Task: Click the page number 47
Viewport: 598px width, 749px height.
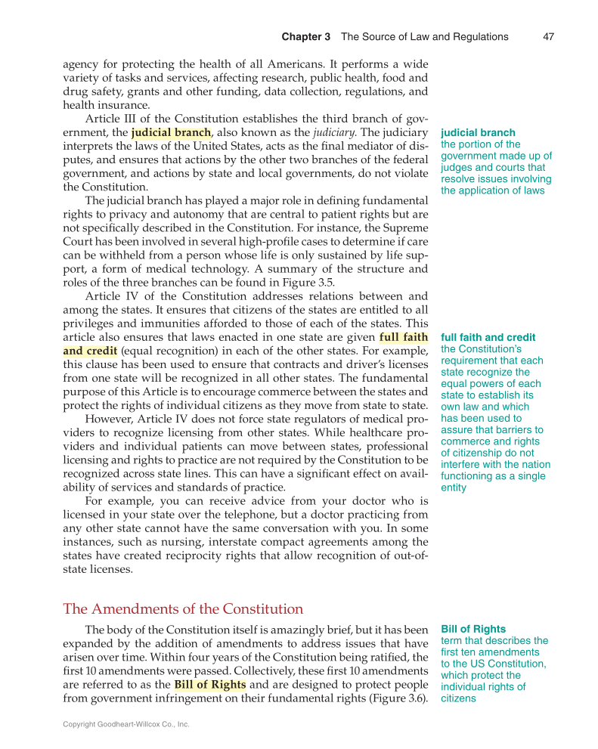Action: [x=550, y=36]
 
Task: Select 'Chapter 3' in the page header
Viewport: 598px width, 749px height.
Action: [x=305, y=36]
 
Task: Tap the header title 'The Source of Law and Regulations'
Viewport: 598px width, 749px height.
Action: [x=424, y=36]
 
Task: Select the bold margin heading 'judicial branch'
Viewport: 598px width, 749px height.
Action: [x=478, y=132]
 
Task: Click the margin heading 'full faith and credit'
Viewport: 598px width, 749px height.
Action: [x=488, y=337]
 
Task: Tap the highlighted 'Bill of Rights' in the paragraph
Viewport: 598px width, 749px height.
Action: [x=209, y=685]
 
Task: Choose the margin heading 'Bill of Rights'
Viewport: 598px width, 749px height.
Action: [x=473, y=629]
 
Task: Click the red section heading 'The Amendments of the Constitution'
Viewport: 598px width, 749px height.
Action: [x=183, y=608]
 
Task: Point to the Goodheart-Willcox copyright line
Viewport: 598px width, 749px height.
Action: [x=125, y=724]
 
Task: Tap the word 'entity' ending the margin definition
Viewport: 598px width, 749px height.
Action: [x=454, y=487]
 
